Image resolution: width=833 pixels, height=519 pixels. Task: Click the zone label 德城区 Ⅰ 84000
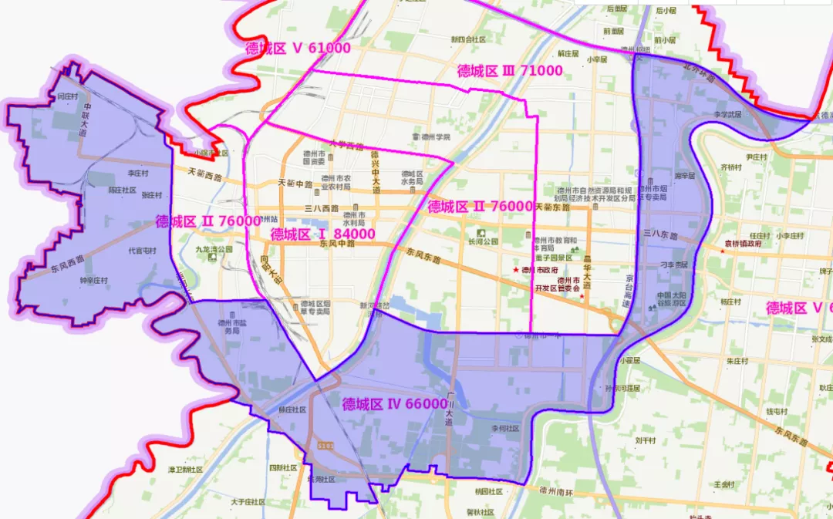(x=322, y=234)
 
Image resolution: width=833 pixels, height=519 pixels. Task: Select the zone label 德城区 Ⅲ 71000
(x=509, y=71)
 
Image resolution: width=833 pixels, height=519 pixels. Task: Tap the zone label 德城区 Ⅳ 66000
(x=394, y=403)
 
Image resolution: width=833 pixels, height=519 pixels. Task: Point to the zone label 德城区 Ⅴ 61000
(x=298, y=48)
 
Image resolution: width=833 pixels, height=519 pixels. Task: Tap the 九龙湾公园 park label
(x=214, y=250)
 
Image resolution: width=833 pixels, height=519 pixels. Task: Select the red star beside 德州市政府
(x=516, y=271)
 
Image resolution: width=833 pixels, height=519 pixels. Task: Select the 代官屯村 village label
(x=142, y=251)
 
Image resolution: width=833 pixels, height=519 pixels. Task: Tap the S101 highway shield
(x=324, y=446)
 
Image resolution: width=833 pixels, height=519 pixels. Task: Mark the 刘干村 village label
(x=645, y=441)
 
